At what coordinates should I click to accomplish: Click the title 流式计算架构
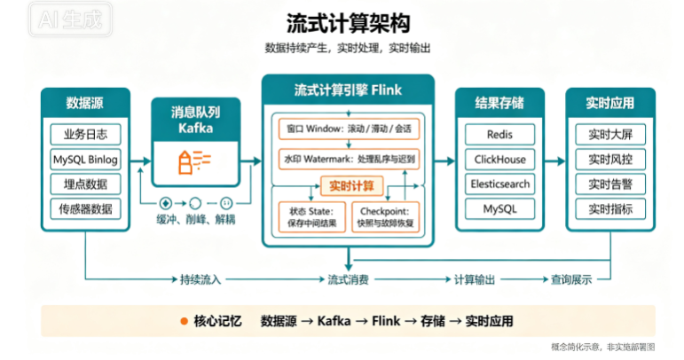[348, 23]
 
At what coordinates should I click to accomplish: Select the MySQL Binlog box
[85, 160]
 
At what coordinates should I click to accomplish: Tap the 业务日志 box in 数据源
[85, 134]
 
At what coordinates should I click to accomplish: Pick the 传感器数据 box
[85, 208]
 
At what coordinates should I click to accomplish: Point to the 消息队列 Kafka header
[196, 120]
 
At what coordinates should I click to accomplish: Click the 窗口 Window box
[349, 129]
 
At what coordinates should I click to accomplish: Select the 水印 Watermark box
[349, 159]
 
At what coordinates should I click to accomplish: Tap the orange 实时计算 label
[351, 186]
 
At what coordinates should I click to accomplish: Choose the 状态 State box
[312, 217]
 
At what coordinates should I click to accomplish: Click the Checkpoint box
[385, 217]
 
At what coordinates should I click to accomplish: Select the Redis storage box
[499, 134]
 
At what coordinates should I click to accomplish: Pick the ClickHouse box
[499, 160]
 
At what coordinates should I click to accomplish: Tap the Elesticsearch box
[499, 184]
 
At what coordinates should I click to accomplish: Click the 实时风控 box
[610, 160]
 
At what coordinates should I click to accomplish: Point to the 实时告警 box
[610, 184]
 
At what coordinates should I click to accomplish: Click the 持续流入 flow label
[200, 279]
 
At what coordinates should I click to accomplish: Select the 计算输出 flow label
[475, 279]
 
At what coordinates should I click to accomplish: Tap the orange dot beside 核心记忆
[185, 322]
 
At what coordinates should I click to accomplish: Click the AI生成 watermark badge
[70, 20]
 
